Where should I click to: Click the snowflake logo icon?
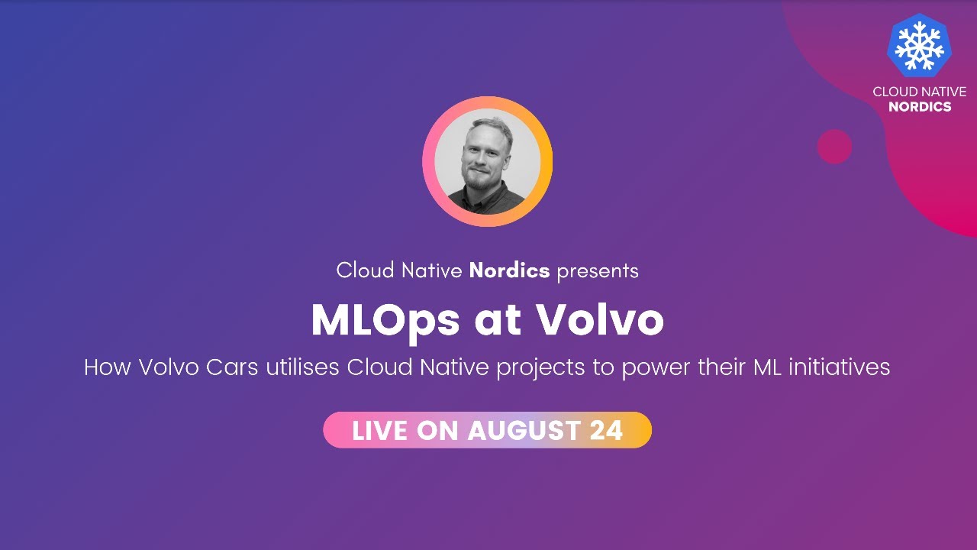[919, 45]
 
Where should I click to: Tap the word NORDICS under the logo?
[920, 107]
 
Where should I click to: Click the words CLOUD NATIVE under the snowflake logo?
[920, 92]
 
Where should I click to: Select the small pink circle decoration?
[834, 147]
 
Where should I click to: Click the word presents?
[598, 270]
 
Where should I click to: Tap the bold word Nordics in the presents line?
[509, 270]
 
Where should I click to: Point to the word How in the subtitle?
[108, 367]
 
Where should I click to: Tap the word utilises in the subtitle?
[302, 367]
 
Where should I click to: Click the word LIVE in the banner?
[380, 431]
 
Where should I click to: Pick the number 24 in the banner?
[607, 431]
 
